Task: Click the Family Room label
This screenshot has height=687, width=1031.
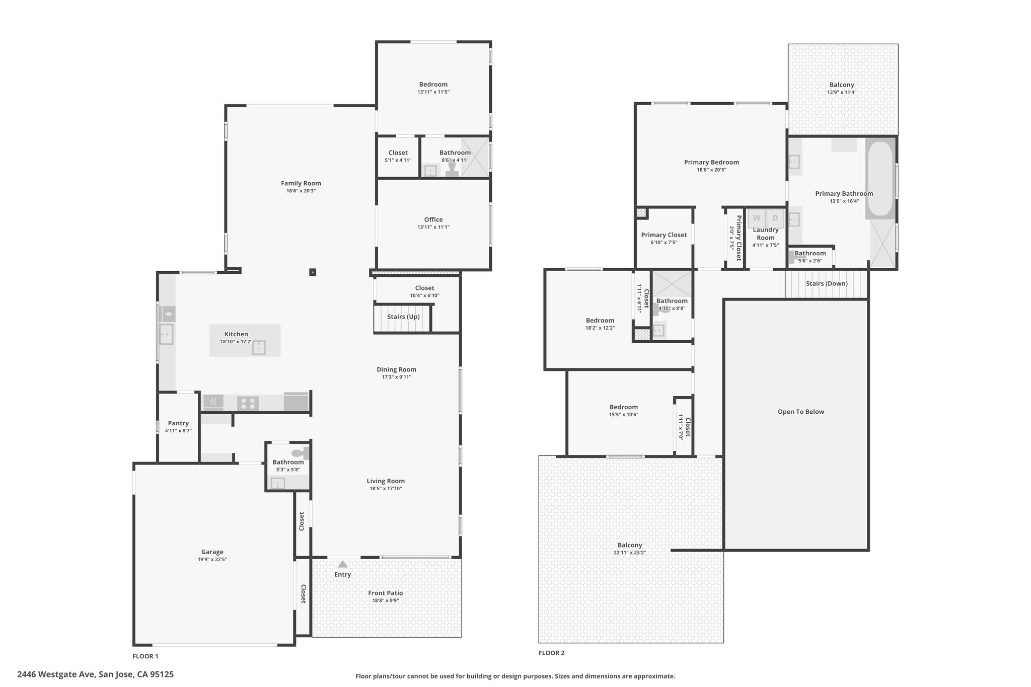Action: coord(301,183)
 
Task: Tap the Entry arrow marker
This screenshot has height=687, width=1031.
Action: coord(342,564)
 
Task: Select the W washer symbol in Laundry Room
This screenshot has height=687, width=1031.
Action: coord(757,218)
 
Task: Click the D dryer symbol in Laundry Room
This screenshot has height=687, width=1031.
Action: coord(775,218)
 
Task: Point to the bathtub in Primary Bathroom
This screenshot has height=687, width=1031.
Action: coord(880,178)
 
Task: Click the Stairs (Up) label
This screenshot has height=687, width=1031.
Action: coord(403,317)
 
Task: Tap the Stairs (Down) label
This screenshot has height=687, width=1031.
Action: coord(827,283)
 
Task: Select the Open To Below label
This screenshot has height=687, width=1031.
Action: coord(801,412)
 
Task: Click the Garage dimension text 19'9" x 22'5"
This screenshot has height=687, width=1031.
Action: coord(212,559)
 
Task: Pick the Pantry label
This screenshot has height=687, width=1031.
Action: coord(178,423)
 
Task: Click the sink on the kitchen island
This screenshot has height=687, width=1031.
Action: coord(259,347)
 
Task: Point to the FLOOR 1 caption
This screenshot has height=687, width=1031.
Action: coord(145,656)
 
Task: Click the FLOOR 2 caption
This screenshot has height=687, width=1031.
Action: coord(552,653)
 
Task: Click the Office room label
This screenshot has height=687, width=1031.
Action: coord(433,219)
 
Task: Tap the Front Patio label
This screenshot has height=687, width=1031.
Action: coord(386,593)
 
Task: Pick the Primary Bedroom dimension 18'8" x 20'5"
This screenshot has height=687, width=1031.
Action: coord(711,170)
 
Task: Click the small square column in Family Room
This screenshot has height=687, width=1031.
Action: coord(313,272)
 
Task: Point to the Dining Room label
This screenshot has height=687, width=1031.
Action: coord(397,369)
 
